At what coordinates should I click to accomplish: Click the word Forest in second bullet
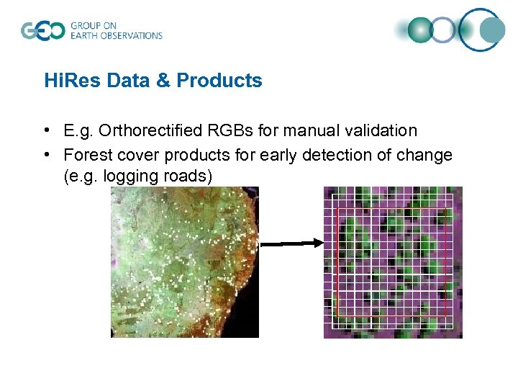(86, 155)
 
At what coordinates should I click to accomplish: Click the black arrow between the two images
(291, 244)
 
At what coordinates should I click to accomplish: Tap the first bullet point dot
(46, 130)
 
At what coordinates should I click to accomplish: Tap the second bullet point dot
(46, 155)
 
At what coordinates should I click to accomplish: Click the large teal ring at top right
(482, 30)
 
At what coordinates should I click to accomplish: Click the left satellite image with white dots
(184, 262)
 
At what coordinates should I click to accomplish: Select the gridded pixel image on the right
(393, 262)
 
